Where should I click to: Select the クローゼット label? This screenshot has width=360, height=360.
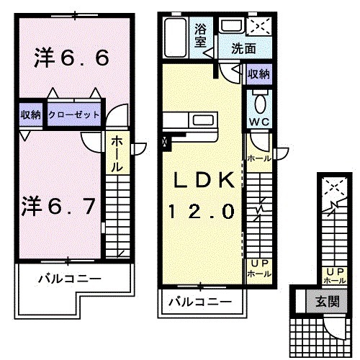click(x=75, y=114)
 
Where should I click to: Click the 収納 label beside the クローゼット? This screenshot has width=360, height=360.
click(x=30, y=114)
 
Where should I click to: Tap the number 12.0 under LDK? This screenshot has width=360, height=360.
click(x=201, y=212)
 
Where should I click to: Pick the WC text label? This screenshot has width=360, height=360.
click(x=258, y=122)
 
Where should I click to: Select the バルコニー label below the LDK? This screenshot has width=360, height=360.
click(x=200, y=302)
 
